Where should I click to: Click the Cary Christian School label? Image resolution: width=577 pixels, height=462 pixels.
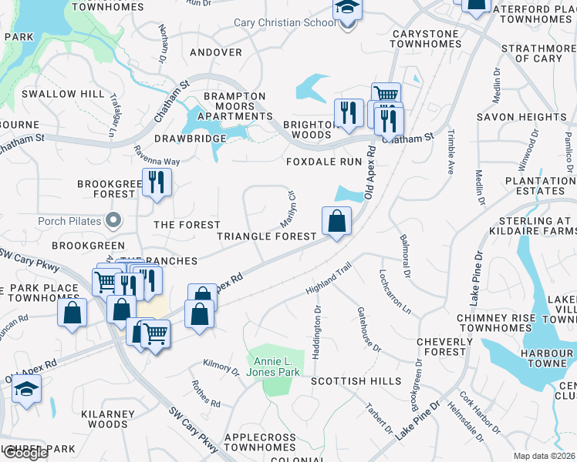285,22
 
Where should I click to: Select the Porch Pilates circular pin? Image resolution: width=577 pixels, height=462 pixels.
113,221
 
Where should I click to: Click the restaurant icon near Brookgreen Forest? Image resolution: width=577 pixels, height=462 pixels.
157,182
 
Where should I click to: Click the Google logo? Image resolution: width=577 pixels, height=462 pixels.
25,453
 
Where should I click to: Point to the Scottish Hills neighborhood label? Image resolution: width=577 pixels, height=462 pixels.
356,381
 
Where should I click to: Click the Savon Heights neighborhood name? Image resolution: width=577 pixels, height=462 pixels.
521,117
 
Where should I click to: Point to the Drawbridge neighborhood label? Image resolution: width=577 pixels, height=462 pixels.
190,139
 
